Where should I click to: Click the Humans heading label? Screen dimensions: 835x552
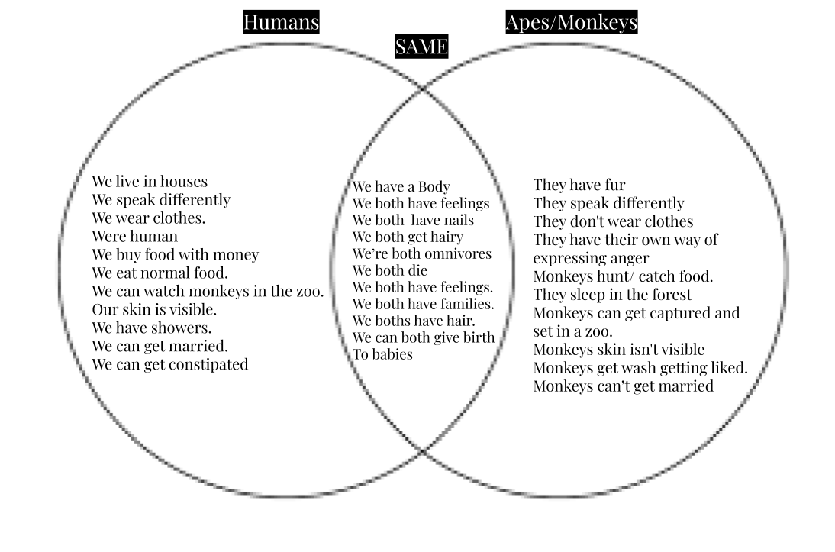pos(281,23)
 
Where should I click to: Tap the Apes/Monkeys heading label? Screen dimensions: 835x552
pos(571,23)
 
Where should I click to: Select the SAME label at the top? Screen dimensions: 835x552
pos(421,47)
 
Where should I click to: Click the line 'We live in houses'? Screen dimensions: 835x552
pos(150,182)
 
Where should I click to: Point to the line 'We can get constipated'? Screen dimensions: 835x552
pos(170,364)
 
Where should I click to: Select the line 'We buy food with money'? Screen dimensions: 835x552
pos(175,254)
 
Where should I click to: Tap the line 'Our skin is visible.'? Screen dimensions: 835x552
pos(154,309)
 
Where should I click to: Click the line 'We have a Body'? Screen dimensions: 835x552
pos(401,186)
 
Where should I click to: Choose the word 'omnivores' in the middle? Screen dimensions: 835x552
pos(459,253)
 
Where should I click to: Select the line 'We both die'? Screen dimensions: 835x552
pos(389,270)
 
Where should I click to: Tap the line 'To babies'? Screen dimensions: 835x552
pos(382,354)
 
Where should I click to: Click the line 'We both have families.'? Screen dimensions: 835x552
pos(423,304)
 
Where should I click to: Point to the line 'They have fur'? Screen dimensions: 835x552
pos(579,185)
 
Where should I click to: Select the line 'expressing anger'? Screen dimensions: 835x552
pos(591,258)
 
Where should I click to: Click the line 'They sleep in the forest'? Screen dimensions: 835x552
pos(612,295)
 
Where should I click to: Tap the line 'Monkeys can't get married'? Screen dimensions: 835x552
pos(623,386)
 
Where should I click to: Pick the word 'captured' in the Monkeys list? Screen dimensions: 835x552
pos(675,313)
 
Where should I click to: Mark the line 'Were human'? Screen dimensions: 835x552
pos(134,236)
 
